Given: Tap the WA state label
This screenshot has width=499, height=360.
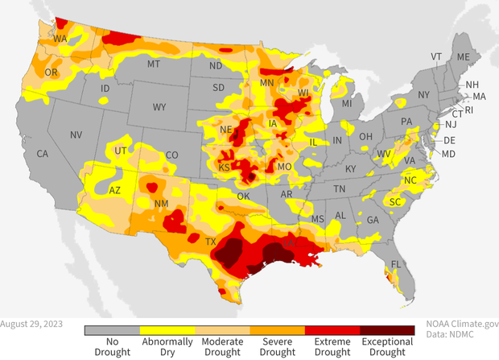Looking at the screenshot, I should point(60,39).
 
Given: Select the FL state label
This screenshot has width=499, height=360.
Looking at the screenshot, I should point(396,264).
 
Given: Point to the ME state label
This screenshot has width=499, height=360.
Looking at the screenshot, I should point(463,57).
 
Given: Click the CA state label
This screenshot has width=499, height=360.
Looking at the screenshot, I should point(43,153).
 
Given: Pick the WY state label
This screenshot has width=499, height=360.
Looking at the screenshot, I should point(159,106).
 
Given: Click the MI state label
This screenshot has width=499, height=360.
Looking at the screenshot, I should point(347,104).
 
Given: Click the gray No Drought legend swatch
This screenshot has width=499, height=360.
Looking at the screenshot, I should point(112,330).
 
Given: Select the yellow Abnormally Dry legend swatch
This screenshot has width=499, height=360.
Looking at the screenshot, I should point(167,330).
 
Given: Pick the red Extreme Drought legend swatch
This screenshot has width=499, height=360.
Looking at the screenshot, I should point(332,330).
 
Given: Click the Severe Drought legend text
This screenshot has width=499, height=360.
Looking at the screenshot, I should point(278,347).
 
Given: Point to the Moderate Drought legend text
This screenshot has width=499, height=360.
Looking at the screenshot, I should point(222,347).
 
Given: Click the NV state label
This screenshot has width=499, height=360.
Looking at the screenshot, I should point(76,134).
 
